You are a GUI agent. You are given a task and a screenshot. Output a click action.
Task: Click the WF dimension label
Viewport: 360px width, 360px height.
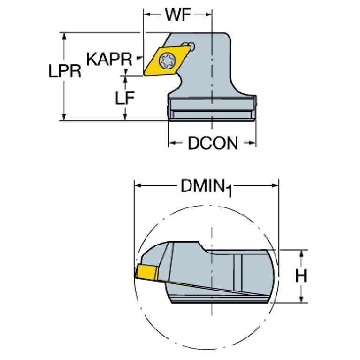coord(178,15)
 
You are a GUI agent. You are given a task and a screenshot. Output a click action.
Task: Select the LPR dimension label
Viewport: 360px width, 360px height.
coord(65,71)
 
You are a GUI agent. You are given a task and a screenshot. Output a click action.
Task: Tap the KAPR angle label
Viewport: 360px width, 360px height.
coord(109,59)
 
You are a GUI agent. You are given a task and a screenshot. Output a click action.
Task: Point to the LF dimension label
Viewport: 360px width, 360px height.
coord(124,98)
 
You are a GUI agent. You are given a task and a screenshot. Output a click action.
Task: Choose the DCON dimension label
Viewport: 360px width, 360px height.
coord(213,143)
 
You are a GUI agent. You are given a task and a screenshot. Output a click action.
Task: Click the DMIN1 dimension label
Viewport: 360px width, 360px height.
coord(206,187)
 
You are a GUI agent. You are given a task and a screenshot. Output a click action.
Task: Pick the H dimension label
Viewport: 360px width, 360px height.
coord(301,276)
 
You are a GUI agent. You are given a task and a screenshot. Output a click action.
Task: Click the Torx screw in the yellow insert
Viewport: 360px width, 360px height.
coord(168,61)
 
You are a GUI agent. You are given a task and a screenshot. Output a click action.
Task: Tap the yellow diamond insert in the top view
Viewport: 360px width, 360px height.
coord(167,61)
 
